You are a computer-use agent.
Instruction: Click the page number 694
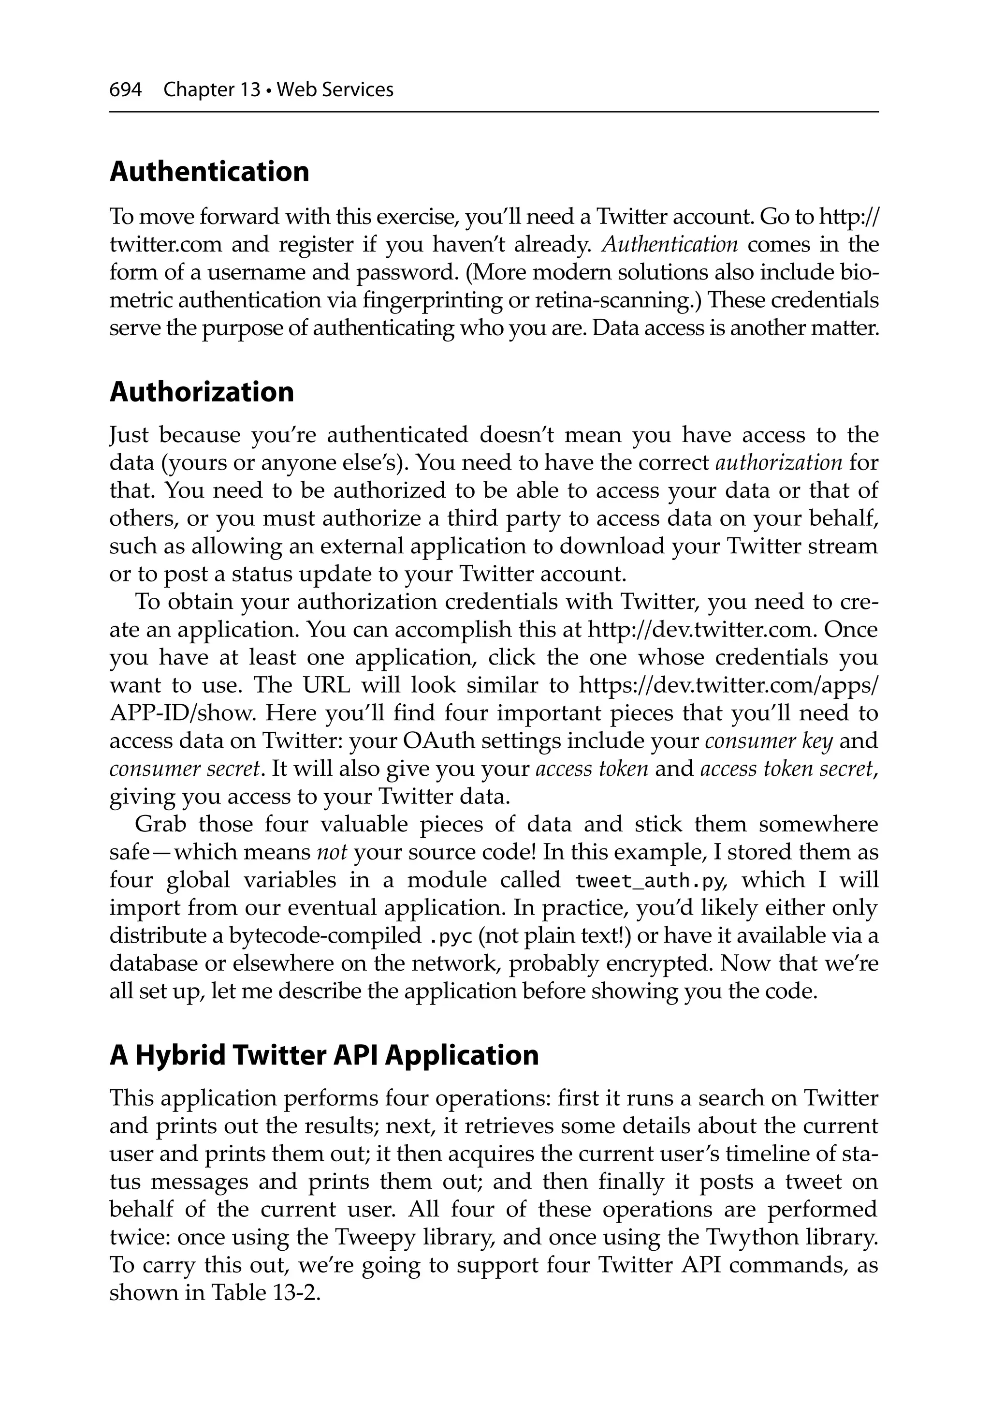coord(125,90)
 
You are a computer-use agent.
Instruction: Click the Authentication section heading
coord(209,171)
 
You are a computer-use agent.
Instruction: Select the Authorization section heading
coord(202,392)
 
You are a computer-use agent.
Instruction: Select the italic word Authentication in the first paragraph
coord(670,244)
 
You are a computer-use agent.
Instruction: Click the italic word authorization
coord(778,462)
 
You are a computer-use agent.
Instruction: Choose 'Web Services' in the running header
coord(335,90)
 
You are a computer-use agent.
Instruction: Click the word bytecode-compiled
coord(325,936)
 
